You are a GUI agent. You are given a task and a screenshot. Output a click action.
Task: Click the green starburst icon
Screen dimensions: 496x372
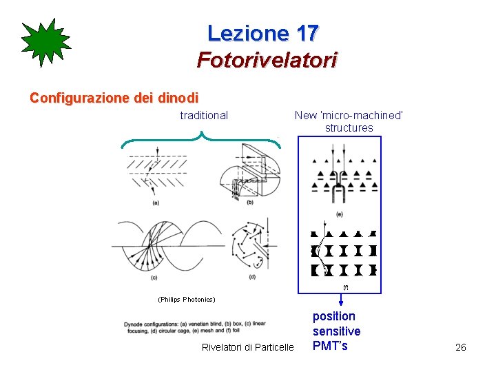[x=45, y=43]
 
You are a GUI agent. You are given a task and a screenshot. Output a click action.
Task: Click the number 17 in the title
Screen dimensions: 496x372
[x=307, y=33]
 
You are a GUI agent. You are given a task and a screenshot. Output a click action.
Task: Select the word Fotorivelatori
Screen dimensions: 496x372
[x=267, y=61]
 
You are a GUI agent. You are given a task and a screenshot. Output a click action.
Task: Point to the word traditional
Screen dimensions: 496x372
[x=204, y=115]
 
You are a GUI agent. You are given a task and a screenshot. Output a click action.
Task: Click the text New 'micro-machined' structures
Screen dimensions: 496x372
[x=349, y=121]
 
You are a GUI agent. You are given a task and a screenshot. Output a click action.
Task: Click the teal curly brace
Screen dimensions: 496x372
[x=201, y=141]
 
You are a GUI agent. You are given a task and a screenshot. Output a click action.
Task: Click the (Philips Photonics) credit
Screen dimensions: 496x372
[x=186, y=300]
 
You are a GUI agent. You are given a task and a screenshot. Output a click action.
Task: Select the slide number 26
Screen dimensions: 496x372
[x=461, y=347]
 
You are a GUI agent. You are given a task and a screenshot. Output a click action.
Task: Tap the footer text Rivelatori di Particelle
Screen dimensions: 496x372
[x=247, y=347]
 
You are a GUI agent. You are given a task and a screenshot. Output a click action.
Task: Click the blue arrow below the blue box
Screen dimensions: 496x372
[x=341, y=300]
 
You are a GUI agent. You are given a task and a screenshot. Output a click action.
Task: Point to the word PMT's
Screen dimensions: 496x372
[x=330, y=346]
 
